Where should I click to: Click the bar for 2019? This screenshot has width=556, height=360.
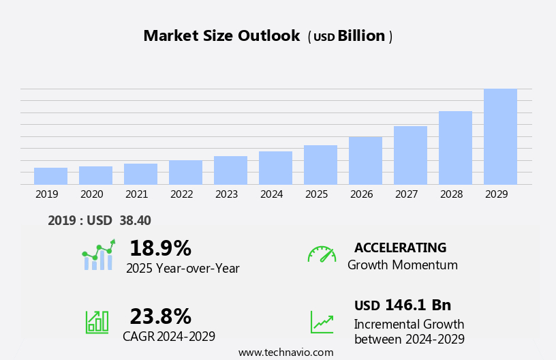pyautogui.click(x=50, y=176)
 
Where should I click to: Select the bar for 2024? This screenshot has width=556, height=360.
pyautogui.click(x=275, y=168)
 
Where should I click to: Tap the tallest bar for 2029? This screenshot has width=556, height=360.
pyautogui.click(x=500, y=136)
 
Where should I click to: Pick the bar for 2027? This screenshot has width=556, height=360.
pyautogui.click(x=410, y=155)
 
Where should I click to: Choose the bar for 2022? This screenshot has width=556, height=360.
pyautogui.click(x=185, y=172)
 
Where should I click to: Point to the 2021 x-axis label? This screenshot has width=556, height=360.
pyautogui.click(x=136, y=194)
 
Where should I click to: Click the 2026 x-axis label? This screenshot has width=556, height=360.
pyautogui.click(x=361, y=194)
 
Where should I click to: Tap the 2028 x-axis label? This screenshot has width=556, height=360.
pyautogui.click(x=451, y=194)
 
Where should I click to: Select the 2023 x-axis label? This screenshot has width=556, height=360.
pyautogui.click(x=226, y=194)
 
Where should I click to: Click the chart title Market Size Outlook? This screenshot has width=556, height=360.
pyautogui.click(x=221, y=36)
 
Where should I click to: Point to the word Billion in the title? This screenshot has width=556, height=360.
pyautogui.click(x=361, y=36)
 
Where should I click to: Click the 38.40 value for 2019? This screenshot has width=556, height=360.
pyautogui.click(x=135, y=220)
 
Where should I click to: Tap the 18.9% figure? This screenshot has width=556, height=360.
pyautogui.click(x=160, y=248)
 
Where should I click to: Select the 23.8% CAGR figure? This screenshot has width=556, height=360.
pyautogui.click(x=160, y=316)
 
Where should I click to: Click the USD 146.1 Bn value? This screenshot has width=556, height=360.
pyautogui.click(x=403, y=305)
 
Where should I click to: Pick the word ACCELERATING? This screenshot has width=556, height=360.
pyautogui.click(x=400, y=247)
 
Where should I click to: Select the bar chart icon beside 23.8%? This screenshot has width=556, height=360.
pyautogui.click(x=97, y=321)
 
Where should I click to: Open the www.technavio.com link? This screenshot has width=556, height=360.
pyautogui.click(x=285, y=352)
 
